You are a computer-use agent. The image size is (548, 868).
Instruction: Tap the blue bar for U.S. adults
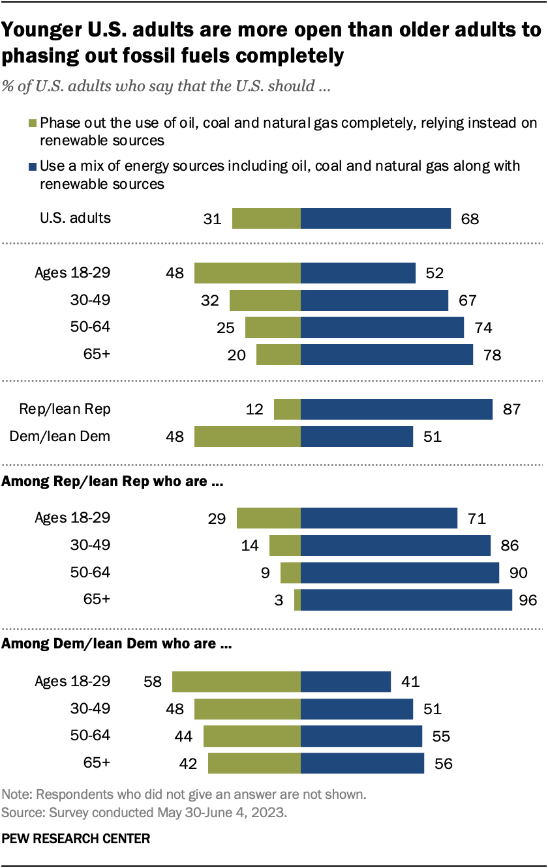point(376,218)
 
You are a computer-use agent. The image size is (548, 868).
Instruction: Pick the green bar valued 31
point(266,218)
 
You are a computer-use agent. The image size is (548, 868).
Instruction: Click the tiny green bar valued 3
point(297,600)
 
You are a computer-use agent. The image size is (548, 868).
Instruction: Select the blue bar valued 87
point(397,409)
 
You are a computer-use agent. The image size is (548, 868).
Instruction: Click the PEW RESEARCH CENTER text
point(76,838)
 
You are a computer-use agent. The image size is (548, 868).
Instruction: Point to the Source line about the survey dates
point(145,813)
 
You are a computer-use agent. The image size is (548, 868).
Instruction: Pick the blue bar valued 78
point(387,354)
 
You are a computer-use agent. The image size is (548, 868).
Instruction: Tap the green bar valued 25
point(273,327)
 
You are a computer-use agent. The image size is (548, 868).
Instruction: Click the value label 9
point(266,573)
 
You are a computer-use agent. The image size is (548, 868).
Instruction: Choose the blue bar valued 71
point(379,519)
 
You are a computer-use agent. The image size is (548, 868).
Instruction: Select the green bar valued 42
point(254,763)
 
